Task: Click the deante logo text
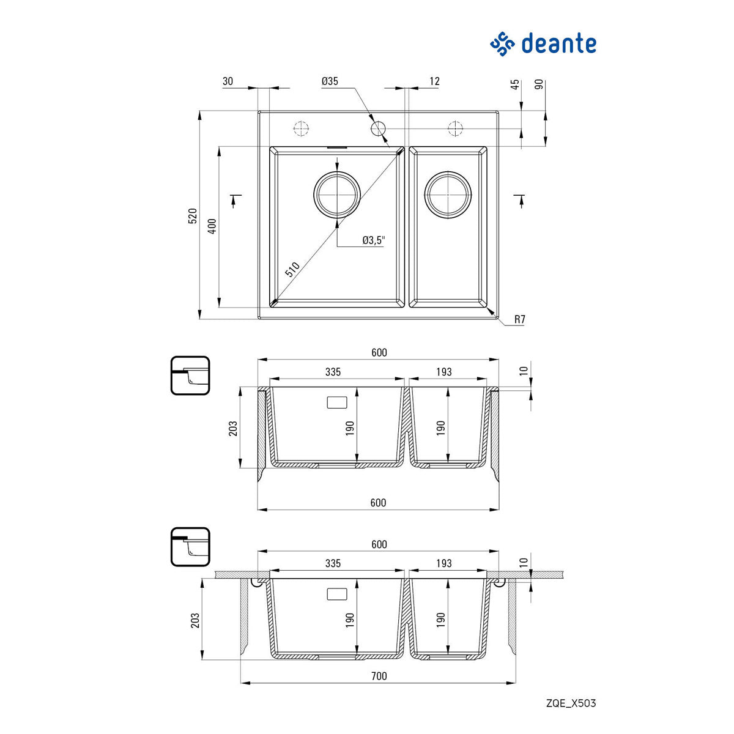(558, 44)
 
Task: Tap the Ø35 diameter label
(330, 81)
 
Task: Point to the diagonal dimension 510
(292, 270)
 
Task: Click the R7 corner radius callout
(519, 319)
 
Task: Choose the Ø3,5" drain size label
(374, 240)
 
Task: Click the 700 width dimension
(379, 676)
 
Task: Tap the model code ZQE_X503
(570, 703)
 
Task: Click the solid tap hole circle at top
(378, 128)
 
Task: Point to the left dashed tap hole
(301, 128)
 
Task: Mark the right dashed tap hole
(455, 128)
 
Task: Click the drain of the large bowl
(337, 195)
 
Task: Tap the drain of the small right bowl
(449, 195)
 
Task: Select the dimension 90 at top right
(539, 84)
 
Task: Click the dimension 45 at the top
(515, 84)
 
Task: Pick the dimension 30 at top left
(228, 81)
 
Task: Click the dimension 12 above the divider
(434, 81)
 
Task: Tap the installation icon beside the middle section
(190, 375)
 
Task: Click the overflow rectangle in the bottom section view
(337, 594)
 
